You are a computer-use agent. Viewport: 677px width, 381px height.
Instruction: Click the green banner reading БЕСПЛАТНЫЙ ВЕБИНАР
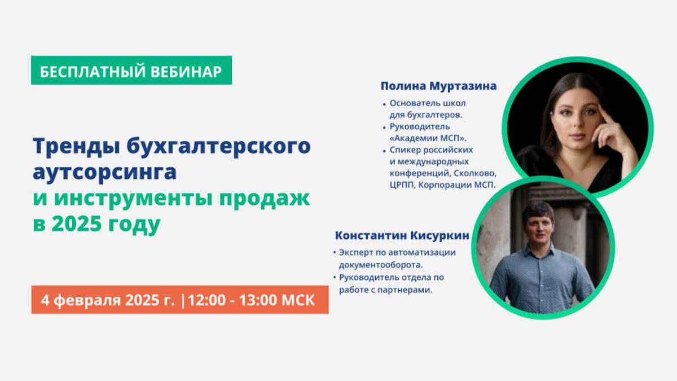pyautogui.click(x=131, y=70)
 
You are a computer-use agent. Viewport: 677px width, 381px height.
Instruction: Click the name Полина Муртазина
pyautogui.click(x=438, y=86)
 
